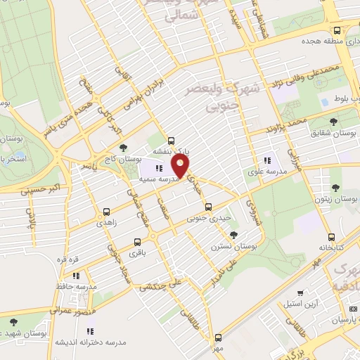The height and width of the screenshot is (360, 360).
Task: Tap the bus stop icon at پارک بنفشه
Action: (x=171, y=139)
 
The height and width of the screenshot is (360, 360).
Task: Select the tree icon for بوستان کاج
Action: (x=124, y=148)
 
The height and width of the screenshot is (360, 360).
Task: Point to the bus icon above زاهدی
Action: (x=107, y=210)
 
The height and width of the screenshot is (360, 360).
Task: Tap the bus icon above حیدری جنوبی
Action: (x=208, y=207)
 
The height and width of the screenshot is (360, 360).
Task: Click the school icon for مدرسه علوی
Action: (x=266, y=159)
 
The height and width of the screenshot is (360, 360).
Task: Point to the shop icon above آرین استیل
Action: (x=301, y=292)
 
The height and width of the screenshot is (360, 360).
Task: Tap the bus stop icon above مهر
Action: (x=218, y=337)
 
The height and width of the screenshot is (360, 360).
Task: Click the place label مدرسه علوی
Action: (x=266, y=172)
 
